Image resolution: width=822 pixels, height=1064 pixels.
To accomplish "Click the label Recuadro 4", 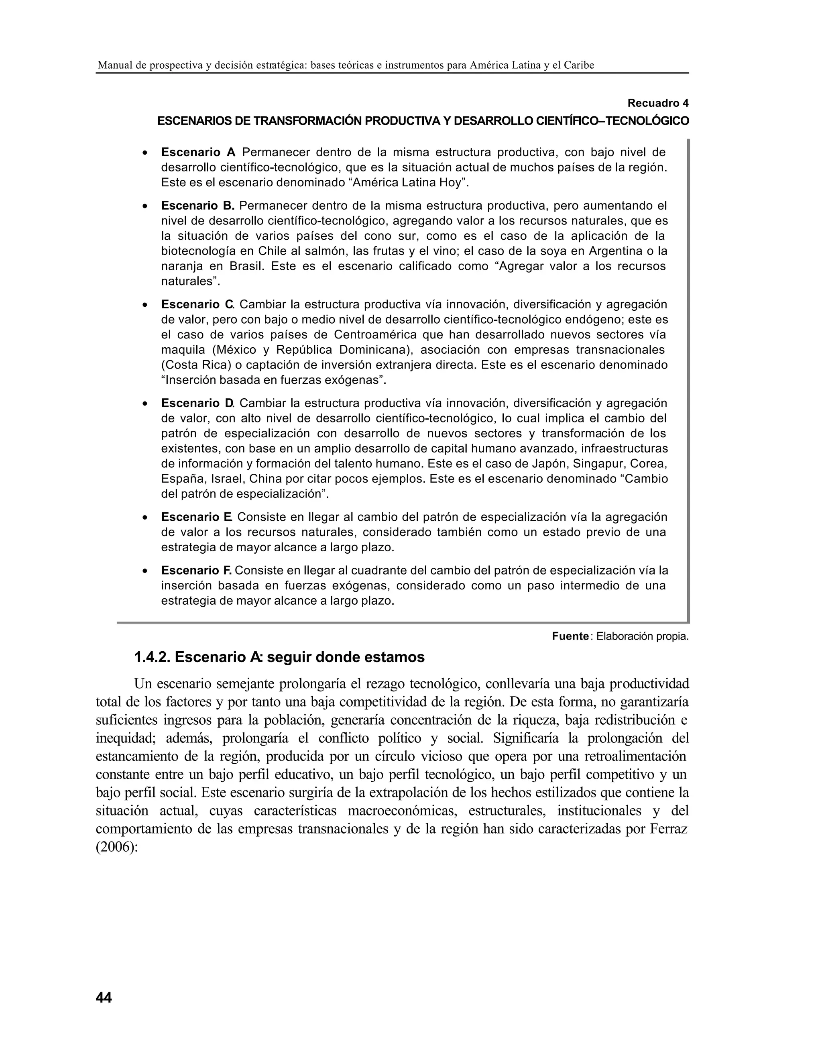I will tap(658, 103).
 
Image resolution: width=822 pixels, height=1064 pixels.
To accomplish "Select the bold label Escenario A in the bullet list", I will tap(198, 153).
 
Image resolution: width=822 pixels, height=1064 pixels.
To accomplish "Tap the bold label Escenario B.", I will tap(198, 206).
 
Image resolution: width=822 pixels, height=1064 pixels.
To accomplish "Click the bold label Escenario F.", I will tap(196, 570).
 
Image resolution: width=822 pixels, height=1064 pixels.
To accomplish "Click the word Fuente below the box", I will tap(570, 636).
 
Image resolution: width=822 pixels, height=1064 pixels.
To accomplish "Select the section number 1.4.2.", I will tap(153, 657).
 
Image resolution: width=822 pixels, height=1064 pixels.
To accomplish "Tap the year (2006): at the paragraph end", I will tap(117, 847).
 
